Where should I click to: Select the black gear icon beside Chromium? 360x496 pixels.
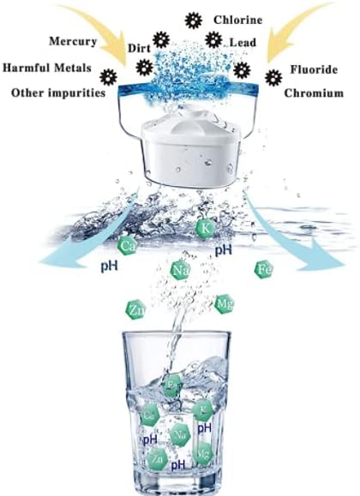273,78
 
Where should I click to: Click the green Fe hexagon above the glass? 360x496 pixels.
264,271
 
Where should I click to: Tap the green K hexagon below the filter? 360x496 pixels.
204,228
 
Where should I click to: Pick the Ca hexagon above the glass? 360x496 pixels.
129,247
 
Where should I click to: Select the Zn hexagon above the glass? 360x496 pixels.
135,309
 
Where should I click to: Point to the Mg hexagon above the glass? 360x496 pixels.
224,303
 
